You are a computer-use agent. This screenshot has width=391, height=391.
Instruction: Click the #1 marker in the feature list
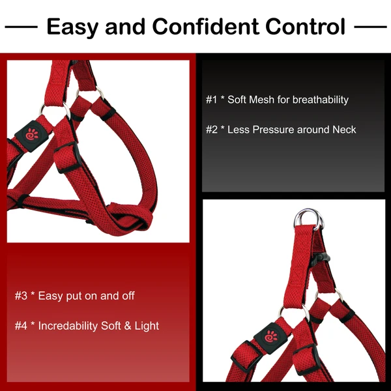[x=211, y=100]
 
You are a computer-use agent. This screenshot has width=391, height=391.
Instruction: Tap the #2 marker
[x=211, y=129]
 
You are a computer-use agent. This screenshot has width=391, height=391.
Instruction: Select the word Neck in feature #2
[x=344, y=129]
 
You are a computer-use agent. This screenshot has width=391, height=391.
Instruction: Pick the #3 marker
[x=21, y=296]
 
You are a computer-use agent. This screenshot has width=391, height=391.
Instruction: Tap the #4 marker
[x=21, y=325]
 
